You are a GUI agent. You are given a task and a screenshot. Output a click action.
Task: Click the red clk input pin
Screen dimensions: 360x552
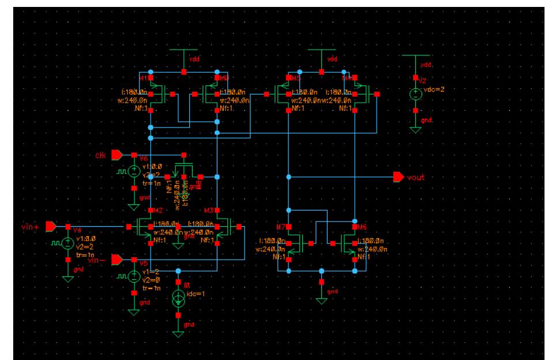point(116,155)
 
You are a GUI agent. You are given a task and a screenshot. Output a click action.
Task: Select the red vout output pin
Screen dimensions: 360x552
point(398,177)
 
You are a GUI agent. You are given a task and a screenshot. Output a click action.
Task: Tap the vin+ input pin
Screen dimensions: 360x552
point(51,226)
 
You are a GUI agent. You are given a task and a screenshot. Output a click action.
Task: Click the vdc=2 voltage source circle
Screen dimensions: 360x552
point(415,94)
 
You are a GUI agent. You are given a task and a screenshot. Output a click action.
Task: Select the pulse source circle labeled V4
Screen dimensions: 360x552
point(67,243)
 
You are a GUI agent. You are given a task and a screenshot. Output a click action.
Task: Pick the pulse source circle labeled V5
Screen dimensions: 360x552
point(134,276)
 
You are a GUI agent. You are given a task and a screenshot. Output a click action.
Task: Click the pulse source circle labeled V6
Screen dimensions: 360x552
point(134,171)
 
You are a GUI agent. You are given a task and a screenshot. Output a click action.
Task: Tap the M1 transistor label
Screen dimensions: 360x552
point(144,77)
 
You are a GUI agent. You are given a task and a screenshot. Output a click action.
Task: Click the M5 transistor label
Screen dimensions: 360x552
point(296,77)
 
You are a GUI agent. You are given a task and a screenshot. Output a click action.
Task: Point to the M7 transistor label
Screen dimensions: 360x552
point(281,226)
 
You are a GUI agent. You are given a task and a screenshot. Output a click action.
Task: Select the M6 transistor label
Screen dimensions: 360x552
point(362,226)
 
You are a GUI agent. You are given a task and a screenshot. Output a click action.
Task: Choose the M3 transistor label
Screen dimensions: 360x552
point(209,210)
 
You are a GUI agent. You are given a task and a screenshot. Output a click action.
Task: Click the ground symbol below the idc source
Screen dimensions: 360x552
point(178,333)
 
